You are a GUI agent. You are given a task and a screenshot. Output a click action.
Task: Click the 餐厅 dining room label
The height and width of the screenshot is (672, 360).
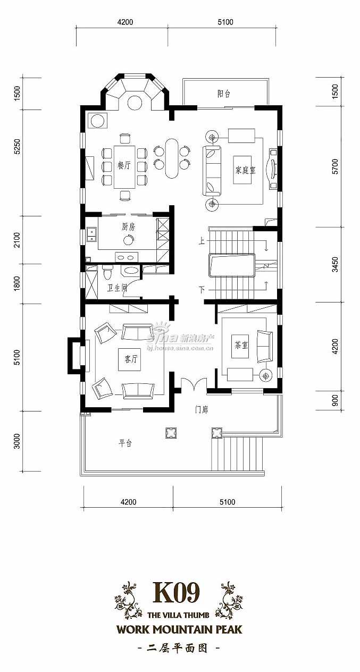pos(124,165)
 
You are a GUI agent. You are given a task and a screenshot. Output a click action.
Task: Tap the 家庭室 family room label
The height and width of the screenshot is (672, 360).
pos(245,171)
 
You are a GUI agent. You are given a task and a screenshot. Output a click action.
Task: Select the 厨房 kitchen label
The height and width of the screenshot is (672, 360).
pos(128,227)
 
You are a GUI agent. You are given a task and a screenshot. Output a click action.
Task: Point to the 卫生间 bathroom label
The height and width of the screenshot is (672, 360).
pos(118,288)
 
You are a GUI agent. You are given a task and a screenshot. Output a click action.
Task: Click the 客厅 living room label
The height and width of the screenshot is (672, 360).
pos(131,359)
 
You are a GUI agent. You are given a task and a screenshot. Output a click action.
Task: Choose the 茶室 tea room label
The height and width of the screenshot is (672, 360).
pos(241,345)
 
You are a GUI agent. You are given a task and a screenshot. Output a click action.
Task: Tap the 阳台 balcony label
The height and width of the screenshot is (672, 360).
pos(224,94)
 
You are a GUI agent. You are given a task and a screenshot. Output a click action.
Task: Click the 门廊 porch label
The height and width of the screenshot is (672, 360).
pos(202,410)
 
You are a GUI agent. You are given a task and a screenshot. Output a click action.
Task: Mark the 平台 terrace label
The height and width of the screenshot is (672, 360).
pos(125,443)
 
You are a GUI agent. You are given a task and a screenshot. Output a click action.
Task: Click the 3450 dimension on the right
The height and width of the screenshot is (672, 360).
pos(335,265)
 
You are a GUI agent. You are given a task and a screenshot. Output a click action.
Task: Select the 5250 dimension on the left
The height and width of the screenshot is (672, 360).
pos(18,147)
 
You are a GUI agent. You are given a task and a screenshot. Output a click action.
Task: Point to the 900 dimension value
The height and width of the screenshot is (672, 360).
pos(335,400)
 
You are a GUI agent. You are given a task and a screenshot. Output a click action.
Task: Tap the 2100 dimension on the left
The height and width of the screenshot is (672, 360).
pos(18,240)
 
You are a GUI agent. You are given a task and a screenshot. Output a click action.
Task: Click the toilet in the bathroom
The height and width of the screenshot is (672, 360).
pos(107,272)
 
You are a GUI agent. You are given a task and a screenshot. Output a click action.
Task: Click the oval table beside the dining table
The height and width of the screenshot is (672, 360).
pos(172,158)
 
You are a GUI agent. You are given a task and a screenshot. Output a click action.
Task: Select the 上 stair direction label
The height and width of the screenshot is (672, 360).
pos(202,241)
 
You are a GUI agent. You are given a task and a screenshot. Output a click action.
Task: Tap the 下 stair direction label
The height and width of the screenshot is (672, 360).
pos(202,290)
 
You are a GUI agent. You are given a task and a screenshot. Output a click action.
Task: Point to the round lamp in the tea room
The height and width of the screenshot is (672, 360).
pos(265,375)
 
